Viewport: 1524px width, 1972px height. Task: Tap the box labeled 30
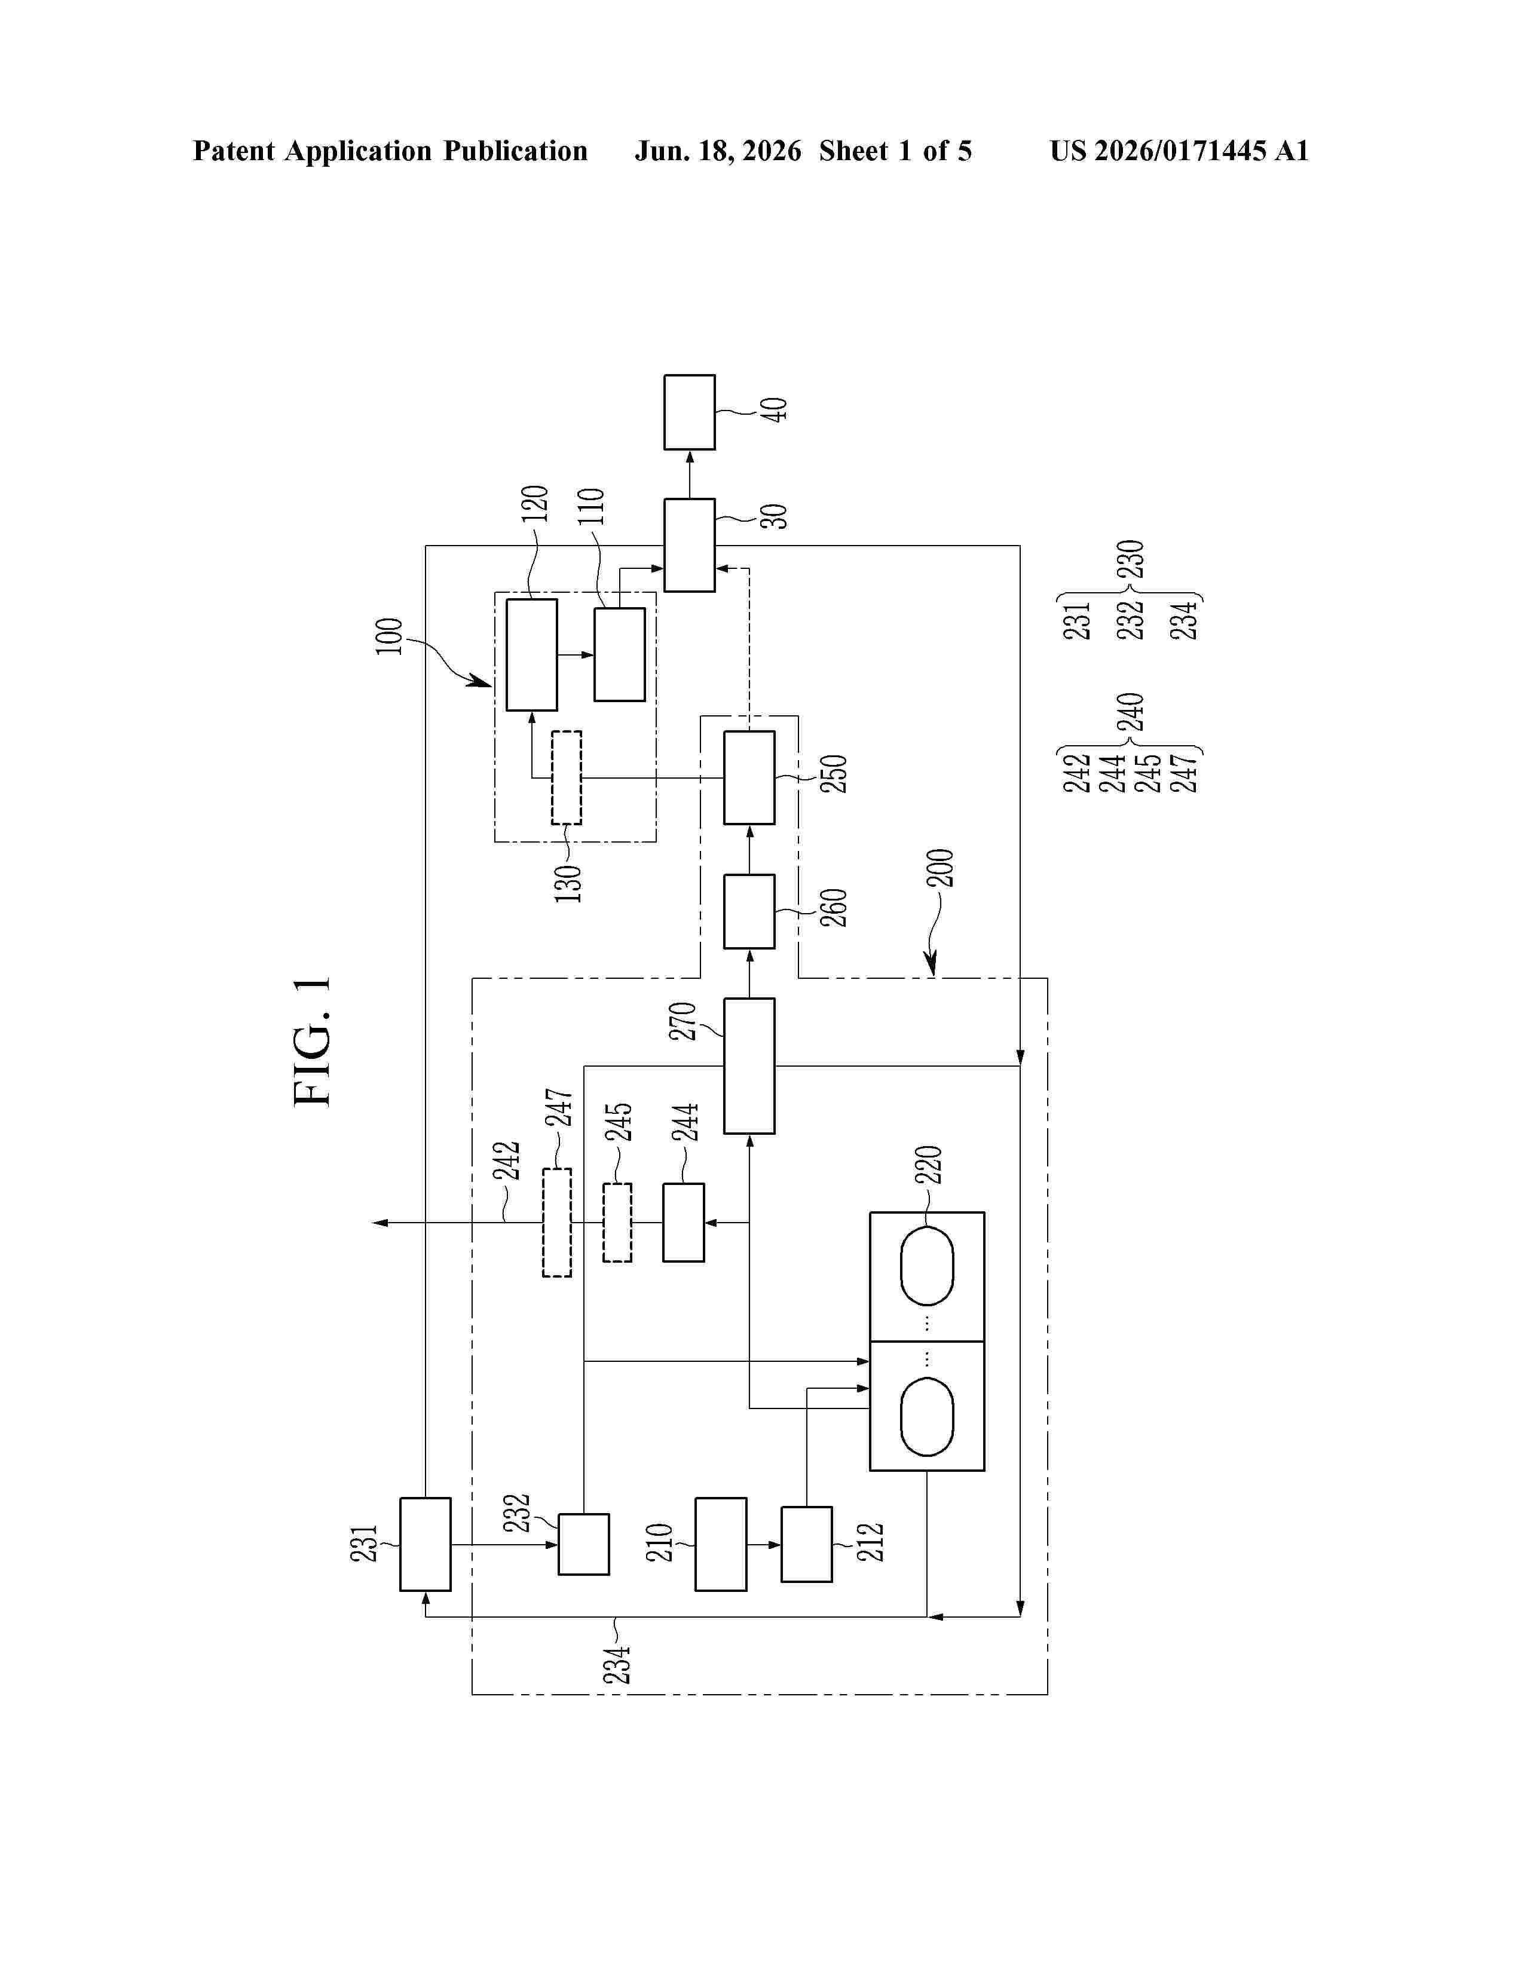[x=690, y=546]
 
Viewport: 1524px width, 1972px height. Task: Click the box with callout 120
[x=532, y=654]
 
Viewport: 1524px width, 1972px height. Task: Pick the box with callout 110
[x=619, y=654]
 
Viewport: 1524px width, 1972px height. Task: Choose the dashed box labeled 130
[x=566, y=777]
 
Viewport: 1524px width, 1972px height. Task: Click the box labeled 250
[x=749, y=777]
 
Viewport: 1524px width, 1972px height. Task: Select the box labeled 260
[x=749, y=911]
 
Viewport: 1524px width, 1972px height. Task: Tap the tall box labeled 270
[x=749, y=1065]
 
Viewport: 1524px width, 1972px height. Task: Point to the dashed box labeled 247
[x=557, y=1223]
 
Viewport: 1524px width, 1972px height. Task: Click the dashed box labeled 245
[x=617, y=1223]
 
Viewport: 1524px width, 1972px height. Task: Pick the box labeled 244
[x=684, y=1223]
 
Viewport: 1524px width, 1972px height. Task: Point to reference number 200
[x=940, y=868]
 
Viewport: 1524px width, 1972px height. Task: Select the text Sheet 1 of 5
[x=896, y=151]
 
